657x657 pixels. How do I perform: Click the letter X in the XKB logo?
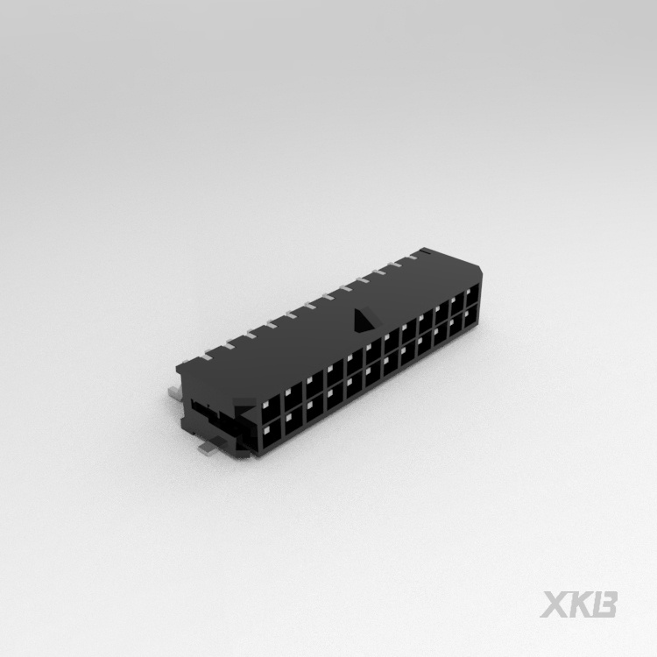pyautogui.click(x=558, y=604)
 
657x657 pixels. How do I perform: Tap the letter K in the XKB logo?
pyautogui.click(x=582, y=604)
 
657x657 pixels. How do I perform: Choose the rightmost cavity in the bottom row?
pyautogui.click(x=471, y=316)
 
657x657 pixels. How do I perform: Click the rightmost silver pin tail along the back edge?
pyautogui.click(x=419, y=254)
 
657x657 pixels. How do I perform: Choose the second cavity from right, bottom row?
pyautogui.click(x=456, y=325)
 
